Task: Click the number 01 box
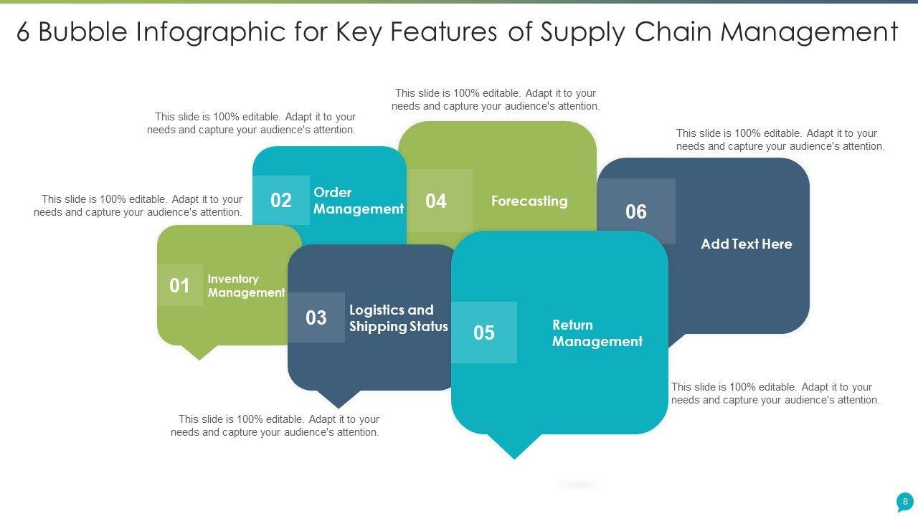tap(179, 285)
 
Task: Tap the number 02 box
tap(281, 200)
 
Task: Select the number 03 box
tap(316, 317)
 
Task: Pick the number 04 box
tap(436, 201)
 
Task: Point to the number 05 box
tap(484, 333)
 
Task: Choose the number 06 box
tap(636, 211)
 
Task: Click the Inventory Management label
tap(246, 286)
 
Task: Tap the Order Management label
tap(358, 201)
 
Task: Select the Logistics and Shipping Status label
tap(398, 318)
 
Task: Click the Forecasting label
tap(529, 201)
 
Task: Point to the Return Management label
tap(597, 333)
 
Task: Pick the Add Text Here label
tap(746, 244)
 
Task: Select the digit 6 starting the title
tap(23, 33)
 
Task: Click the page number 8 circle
tap(905, 502)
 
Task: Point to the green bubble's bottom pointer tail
tap(199, 351)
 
